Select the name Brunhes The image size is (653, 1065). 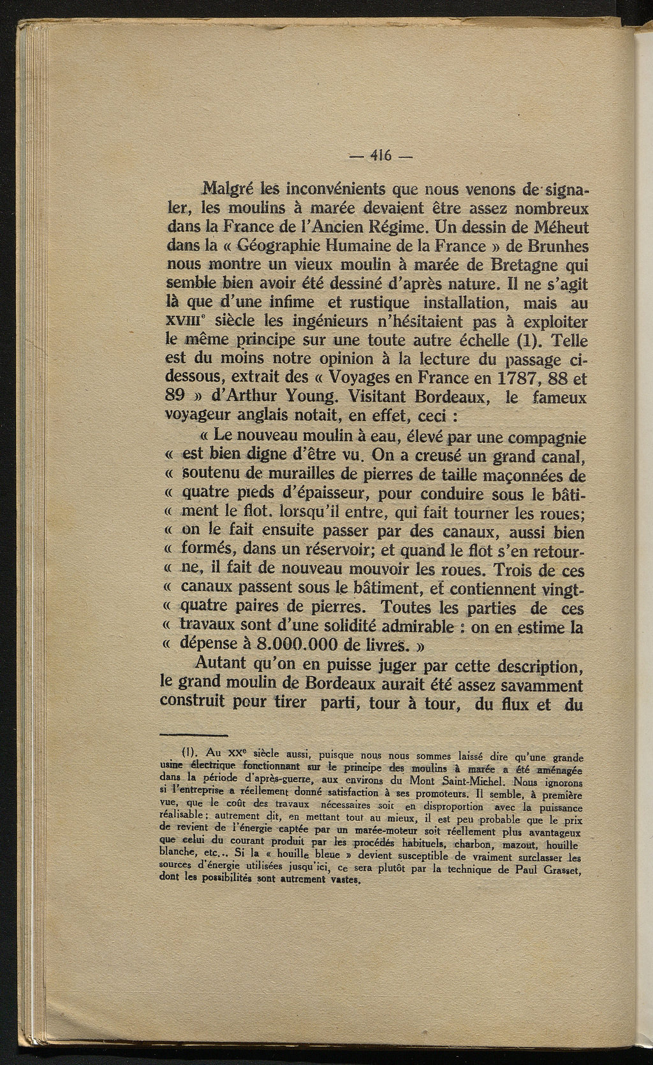(x=556, y=245)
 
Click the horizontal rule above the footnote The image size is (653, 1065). (x=195, y=734)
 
